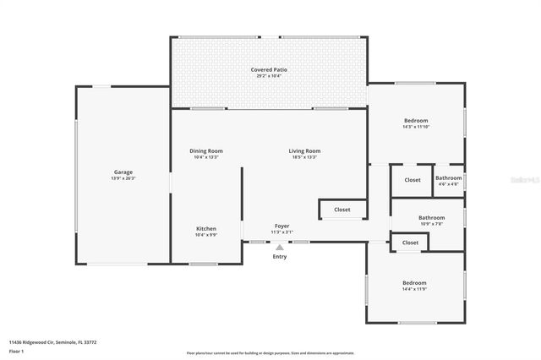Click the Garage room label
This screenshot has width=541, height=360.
pos(123,172)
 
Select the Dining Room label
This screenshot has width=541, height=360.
pos(206,150)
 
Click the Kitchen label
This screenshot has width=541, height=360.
pos(206,229)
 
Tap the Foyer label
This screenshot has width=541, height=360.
pos(281,226)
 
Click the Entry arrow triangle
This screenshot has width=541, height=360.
pos(279,247)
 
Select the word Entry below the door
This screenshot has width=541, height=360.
pos(279,256)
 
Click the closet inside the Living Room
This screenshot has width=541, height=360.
pos(342,210)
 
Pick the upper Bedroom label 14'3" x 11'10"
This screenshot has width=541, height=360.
pos(415,121)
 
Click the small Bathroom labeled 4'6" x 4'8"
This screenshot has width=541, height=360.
pos(448,178)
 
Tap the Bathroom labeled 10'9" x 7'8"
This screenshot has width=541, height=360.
pos(431,218)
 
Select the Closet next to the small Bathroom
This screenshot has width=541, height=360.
pos(412,180)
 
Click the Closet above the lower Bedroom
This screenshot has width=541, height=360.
pos(410,243)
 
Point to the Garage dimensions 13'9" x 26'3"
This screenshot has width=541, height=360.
pos(123,178)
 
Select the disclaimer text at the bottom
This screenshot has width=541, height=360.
pos(270,352)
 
